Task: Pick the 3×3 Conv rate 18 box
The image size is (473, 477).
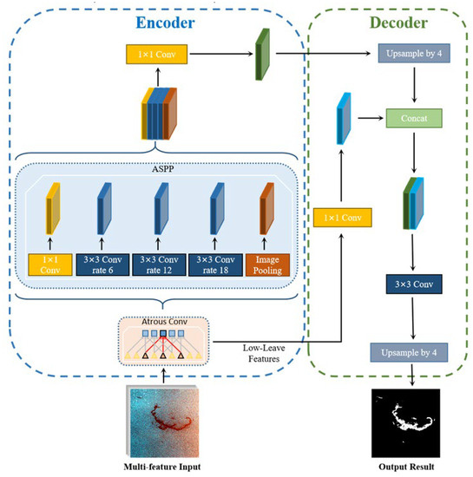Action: coord(214,264)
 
